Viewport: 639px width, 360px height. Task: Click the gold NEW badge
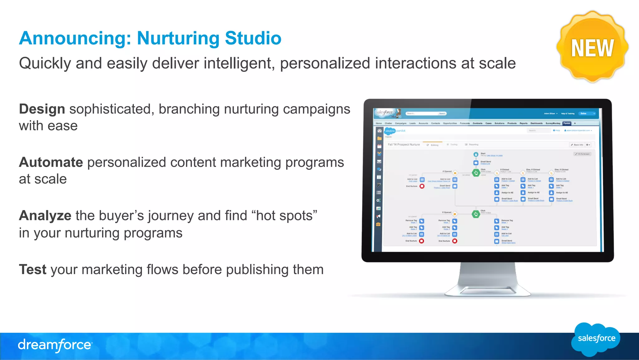tap(592, 47)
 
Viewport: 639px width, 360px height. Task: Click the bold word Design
tap(42, 109)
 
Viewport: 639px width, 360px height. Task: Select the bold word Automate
tap(51, 163)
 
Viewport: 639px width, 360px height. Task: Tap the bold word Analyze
tap(45, 216)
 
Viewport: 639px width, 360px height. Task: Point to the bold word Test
tap(32, 269)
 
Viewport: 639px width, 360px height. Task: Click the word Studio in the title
tap(253, 38)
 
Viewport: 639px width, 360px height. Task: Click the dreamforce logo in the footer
tap(55, 345)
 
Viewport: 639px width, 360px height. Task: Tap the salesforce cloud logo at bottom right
tap(596, 339)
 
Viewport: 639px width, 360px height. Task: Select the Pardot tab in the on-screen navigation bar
tap(567, 123)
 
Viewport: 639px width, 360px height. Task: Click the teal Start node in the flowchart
tap(476, 154)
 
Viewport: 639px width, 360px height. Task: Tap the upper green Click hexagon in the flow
tap(476, 173)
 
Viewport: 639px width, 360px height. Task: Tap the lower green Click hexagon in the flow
tap(476, 214)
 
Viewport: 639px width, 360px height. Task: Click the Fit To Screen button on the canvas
tap(583, 154)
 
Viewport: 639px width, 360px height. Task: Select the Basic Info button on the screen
tap(577, 145)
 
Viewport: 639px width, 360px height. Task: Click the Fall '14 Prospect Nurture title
tap(403, 145)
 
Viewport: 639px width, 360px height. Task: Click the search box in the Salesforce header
tap(422, 113)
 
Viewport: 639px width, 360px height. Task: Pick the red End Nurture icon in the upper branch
tap(422, 186)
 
